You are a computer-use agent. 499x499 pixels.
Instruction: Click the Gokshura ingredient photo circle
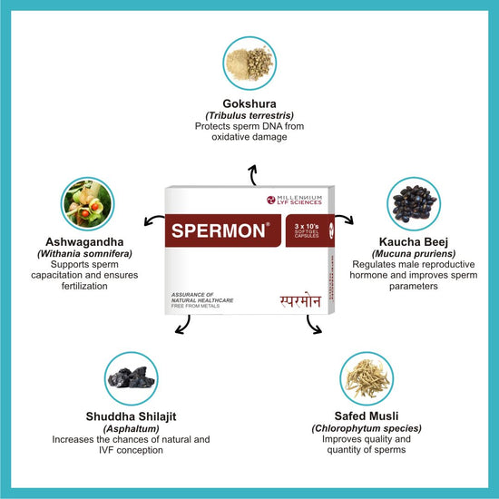click(x=249, y=64)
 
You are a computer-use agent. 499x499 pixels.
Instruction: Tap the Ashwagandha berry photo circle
click(x=87, y=203)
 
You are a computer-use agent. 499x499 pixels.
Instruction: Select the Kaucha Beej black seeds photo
click(x=414, y=203)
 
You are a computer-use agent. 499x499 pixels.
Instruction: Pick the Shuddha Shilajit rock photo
click(x=132, y=378)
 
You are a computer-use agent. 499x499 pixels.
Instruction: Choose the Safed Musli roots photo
click(x=367, y=378)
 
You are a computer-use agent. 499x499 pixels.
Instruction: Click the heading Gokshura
click(x=249, y=103)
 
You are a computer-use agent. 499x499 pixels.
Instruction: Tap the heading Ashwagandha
click(x=84, y=242)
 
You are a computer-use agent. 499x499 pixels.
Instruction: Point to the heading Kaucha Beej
click(x=414, y=242)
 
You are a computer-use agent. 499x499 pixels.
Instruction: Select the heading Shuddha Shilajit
click(x=132, y=416)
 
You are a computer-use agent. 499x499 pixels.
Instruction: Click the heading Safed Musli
click(x=367, y=416)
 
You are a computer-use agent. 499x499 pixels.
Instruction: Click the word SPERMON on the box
click(x=219, y=230)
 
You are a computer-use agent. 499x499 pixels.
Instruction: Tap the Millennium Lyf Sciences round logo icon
click(x=271, y=200)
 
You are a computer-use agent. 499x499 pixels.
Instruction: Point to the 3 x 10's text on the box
click(x=307, y=226)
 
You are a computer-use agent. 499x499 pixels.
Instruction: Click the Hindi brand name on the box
click(x=300, y=300)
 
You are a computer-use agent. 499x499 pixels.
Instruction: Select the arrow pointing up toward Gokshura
click(x=253, y=175)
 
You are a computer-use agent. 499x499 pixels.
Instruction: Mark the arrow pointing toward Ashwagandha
click(x=153, y=220)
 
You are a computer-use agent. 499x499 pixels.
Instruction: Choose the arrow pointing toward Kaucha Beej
click(x=346, y=219)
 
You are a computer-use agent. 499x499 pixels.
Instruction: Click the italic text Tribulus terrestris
click(x=249, y=115)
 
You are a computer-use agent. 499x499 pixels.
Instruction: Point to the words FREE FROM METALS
click(x=195, y=306)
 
